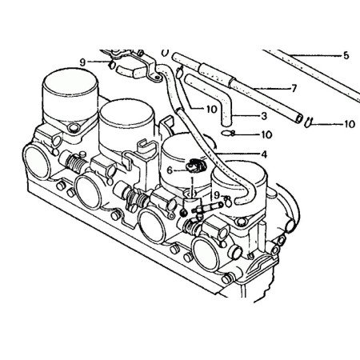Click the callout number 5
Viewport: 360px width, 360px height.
[x=346, y=55]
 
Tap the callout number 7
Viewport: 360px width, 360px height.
[x=294, y=87]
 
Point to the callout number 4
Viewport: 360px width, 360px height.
[x=263, y=153]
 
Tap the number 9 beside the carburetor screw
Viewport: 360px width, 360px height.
[x=214, y=194]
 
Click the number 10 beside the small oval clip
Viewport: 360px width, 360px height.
[x=266, y=134]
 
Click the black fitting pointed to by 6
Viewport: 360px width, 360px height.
[x=194, y=168]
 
